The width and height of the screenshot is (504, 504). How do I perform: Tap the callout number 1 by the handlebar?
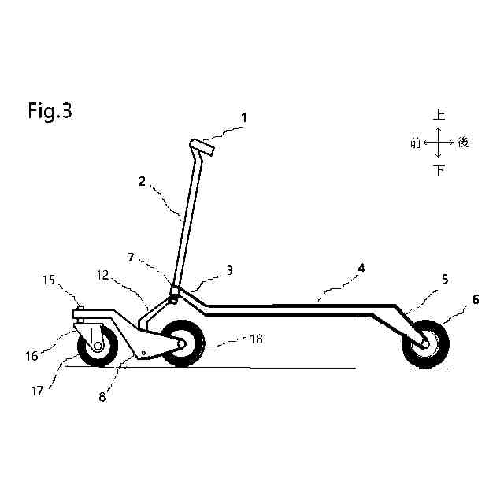[244, 118]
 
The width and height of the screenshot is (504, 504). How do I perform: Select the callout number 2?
[142, 181]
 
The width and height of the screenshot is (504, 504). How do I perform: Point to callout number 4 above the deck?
[361, 269]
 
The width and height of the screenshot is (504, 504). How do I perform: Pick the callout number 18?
[258, 339]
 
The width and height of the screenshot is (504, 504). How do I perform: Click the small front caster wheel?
[98, 346]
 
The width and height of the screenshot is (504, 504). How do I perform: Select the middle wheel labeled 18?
[183, 344]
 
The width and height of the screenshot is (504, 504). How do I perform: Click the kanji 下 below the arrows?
[439, 170]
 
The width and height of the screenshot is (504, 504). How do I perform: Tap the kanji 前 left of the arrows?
[414, 143]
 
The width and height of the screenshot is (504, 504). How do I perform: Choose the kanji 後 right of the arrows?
[463, 143]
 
